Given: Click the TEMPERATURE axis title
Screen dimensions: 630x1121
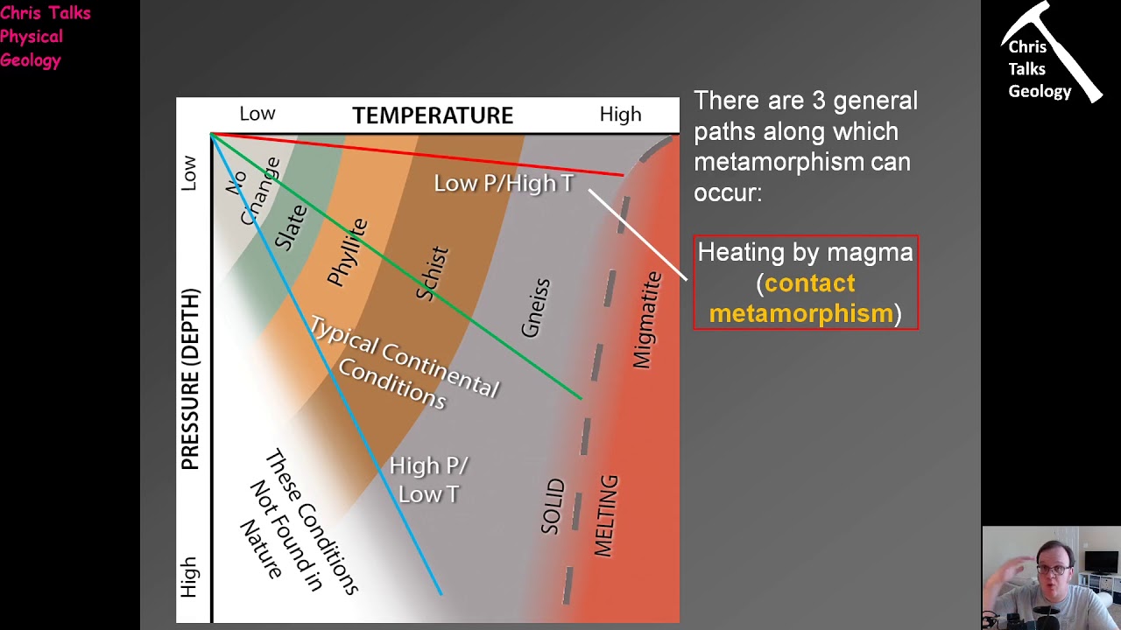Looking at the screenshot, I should [x=433, y=115].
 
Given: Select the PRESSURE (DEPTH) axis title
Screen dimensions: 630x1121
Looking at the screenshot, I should [x=191, y=379].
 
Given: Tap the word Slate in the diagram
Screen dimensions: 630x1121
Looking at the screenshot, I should [x=291, y=227].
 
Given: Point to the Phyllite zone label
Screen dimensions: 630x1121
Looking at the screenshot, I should [x=348, y=252].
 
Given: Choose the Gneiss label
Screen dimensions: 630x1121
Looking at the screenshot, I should [x=535, y=308].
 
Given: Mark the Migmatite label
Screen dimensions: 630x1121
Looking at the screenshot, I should [x=647, y=319].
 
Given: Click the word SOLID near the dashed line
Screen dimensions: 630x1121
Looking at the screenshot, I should [x=553, y=507].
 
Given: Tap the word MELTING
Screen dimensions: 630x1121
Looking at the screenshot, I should [x=606, y=515].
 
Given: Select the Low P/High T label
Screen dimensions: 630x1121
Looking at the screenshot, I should [x=504, y=183].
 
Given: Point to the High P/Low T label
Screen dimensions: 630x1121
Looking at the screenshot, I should [x=428, y=479].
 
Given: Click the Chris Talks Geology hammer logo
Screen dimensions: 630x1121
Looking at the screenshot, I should [x=1049, y=54].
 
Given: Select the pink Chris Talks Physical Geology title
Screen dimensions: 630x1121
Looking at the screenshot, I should [x=44, y=37].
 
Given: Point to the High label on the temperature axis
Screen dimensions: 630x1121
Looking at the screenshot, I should [x=620, y=115].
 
